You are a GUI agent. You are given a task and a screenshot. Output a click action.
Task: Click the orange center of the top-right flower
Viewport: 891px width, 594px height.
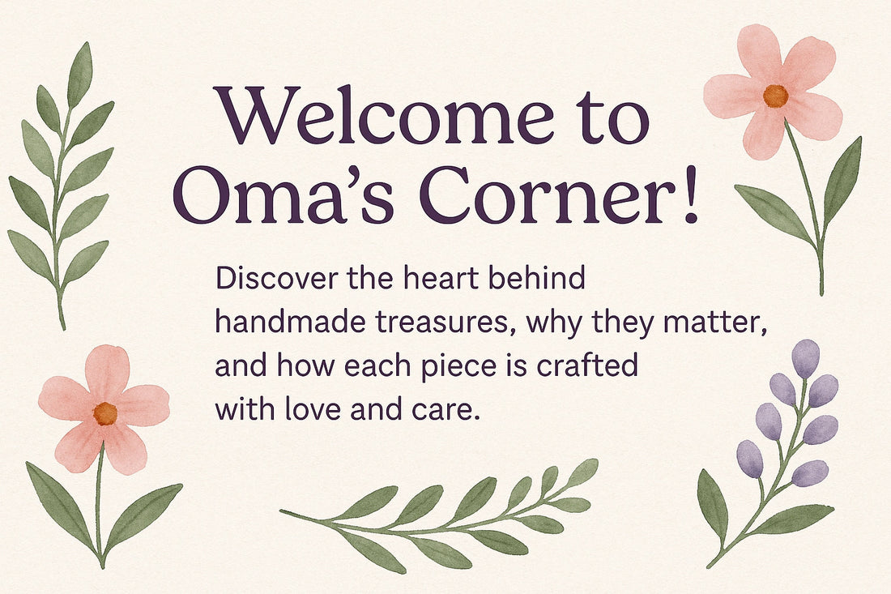point(775,96)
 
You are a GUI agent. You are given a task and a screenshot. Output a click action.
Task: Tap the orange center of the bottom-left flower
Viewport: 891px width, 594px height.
point(105,413)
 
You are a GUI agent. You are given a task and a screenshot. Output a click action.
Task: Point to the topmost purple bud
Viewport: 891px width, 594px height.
point(805,357)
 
